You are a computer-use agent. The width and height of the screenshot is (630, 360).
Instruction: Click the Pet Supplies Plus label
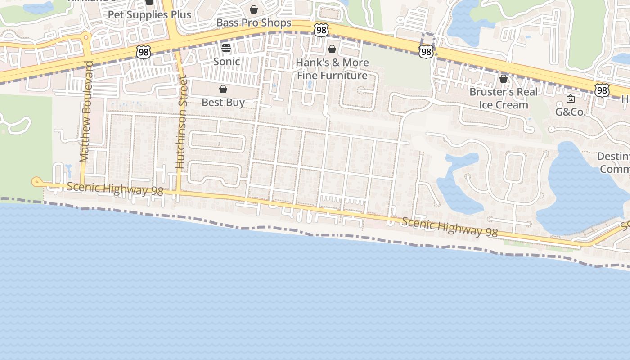[x=149, y=14]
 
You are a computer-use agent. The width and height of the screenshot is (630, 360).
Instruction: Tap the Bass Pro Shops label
[x=253, y=22]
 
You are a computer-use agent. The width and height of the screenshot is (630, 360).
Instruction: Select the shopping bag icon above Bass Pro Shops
[x=254, y=9]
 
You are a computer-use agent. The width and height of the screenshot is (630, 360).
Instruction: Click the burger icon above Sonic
[x=226, y=48]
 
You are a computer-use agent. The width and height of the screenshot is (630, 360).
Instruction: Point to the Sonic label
[x=226, y=61]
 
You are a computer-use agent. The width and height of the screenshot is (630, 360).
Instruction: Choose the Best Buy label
[x=223, y=102]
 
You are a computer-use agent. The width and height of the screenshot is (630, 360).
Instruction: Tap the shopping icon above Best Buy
[x=223, y=89]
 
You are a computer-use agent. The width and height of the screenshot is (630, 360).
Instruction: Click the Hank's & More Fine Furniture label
[x=332, y=69]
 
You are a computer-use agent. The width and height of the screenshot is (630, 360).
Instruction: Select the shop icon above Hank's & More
[x=332, y=49]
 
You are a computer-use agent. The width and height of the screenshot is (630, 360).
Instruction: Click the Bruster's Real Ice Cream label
[x=503, y=98]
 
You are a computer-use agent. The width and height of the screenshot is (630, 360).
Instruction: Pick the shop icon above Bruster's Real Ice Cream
[x=504, y=79]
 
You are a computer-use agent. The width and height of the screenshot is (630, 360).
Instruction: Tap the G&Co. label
[x=571, y=112]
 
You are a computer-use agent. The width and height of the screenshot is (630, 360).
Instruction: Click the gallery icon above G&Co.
[x=571, y=99]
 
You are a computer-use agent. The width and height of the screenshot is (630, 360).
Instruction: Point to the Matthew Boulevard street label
[x=85, y=112]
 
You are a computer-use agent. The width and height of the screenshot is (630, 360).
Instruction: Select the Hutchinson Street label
[x=181, y=122]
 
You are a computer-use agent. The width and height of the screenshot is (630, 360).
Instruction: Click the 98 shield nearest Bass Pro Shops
[x=321, y=30]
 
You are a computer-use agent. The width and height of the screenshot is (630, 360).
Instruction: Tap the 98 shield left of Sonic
[x=143, y=52]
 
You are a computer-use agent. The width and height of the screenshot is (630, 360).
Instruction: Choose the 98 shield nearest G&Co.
[x=602, y=90]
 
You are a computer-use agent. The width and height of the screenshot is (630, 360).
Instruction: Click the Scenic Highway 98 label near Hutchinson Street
[x=115, y=189]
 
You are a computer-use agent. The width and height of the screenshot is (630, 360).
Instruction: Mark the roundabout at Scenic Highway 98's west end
[x=36, y=182]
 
